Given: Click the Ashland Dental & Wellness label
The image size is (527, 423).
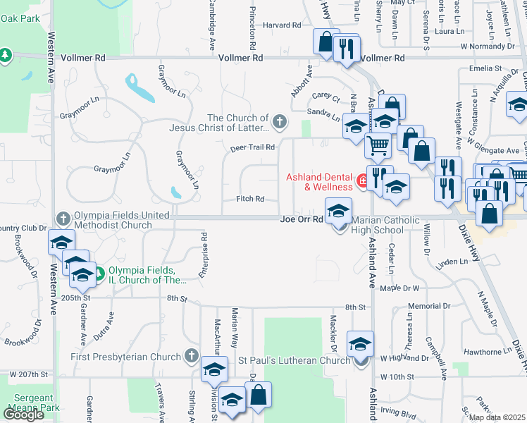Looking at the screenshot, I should (318, 182).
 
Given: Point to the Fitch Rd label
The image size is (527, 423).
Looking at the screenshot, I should (250, 200).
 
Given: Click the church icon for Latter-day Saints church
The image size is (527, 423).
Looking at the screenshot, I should (280, 122).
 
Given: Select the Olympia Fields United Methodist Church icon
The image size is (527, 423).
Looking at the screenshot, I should (63, 218).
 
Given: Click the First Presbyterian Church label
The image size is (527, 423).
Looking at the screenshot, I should (126, 357).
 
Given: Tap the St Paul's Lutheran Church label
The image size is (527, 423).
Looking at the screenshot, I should (293, 361).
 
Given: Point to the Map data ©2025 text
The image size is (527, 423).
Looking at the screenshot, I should (497, 417).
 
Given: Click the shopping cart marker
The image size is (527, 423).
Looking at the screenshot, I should (378, 145).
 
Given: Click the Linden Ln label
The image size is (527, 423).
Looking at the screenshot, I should (452, 262).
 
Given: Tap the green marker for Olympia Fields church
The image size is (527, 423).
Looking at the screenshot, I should (99, 273).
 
